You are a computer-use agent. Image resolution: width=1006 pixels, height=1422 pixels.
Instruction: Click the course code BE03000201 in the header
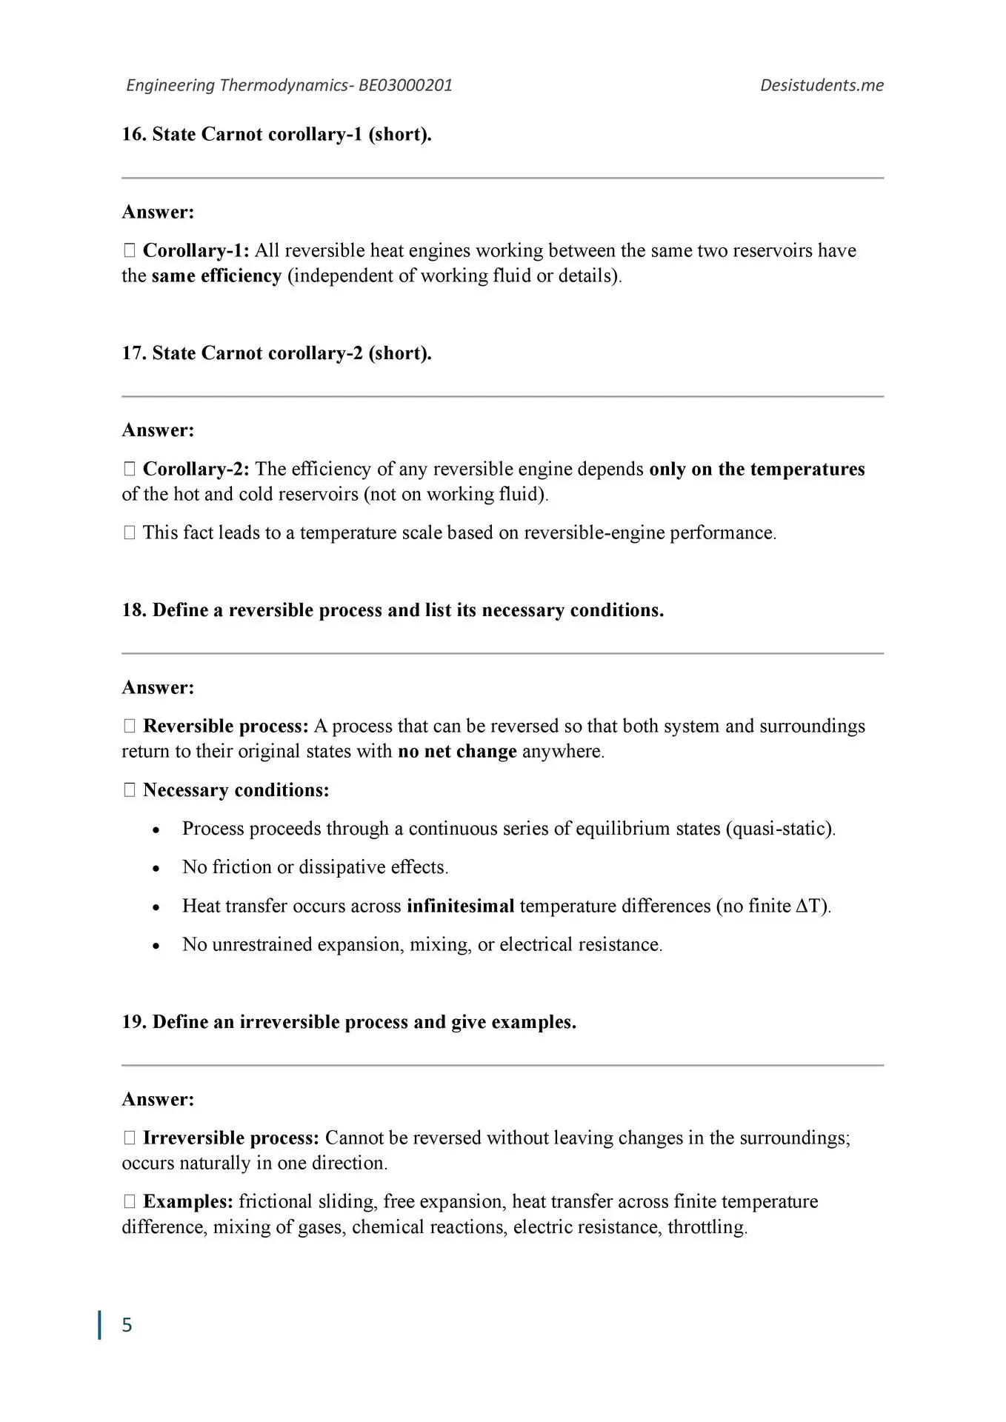tap(405, 85)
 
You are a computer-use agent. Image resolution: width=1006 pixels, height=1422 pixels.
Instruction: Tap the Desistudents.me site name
tap(822, 85)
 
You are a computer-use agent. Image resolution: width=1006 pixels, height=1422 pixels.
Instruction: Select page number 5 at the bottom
tap(127, 1324)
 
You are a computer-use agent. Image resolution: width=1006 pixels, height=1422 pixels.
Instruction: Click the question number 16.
tap(133, 134)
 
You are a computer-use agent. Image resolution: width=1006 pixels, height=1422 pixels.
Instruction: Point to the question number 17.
tap(133, 353)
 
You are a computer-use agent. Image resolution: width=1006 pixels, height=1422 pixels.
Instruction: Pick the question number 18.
tap(133, 610)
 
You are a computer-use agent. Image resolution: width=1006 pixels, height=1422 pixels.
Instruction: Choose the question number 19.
tap(133, 1022)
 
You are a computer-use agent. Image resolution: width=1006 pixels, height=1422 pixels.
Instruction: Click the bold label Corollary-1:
tap(196, 250)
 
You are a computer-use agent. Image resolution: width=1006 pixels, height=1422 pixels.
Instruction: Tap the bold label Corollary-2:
tap(196, 469)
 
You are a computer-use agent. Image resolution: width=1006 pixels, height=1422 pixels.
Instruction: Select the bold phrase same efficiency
tap(216, 276)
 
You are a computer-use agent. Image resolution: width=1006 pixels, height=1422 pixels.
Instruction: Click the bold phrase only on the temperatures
tap(756, 469)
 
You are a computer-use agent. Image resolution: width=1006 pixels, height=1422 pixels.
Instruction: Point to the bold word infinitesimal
tap(460, 906)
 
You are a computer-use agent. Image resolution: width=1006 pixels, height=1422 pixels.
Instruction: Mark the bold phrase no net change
tap(457, 752)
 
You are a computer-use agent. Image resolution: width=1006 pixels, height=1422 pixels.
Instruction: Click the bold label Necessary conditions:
tap(236, 790)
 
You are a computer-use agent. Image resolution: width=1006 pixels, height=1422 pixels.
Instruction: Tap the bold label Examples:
tap(188, 1201)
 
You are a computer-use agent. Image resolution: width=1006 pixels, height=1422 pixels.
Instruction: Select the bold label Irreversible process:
tap(230, 1138)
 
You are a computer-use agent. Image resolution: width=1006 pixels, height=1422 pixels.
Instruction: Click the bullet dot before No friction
tap(156, 868)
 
